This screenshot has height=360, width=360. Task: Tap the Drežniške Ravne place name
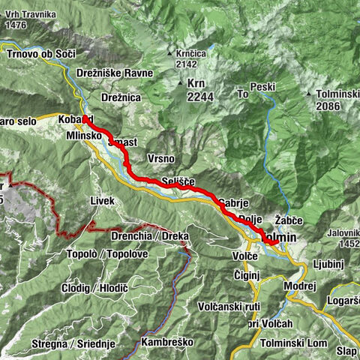point(115,73)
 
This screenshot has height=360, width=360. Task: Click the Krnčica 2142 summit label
point(189,59)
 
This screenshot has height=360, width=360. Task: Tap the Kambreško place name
point(166,342)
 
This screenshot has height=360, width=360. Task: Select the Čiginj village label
point(244,275)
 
